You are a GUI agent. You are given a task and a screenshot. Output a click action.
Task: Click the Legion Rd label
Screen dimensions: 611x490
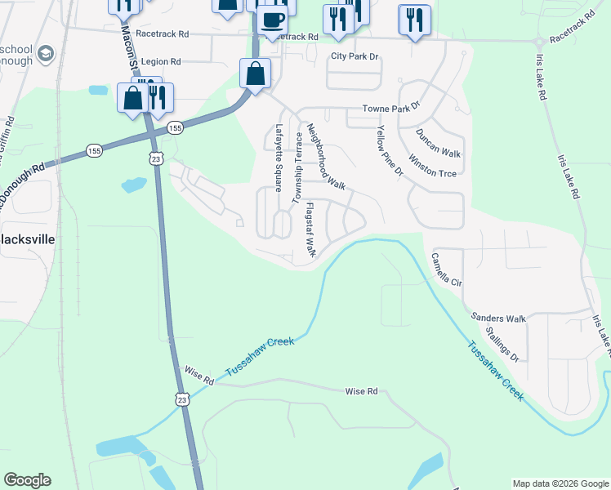click(160, 61)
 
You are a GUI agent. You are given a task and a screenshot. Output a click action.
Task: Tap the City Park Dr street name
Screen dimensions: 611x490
click(355, 56)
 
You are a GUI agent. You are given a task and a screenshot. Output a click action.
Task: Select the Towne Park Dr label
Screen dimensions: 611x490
click(390, 108)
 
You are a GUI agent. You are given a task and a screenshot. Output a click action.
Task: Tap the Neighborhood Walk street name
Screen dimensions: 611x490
click(326, 158)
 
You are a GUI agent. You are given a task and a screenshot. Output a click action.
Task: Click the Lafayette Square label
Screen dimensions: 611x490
click(279, 157)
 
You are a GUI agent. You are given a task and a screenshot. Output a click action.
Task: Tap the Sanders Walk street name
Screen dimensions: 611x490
click(498, 318)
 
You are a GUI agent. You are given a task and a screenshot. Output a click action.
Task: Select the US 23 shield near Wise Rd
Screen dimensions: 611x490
click(181, 398)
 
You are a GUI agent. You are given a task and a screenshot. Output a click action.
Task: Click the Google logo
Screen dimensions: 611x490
click(27, 480)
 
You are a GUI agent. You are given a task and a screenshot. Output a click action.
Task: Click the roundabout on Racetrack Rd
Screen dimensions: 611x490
click(538, 42)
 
